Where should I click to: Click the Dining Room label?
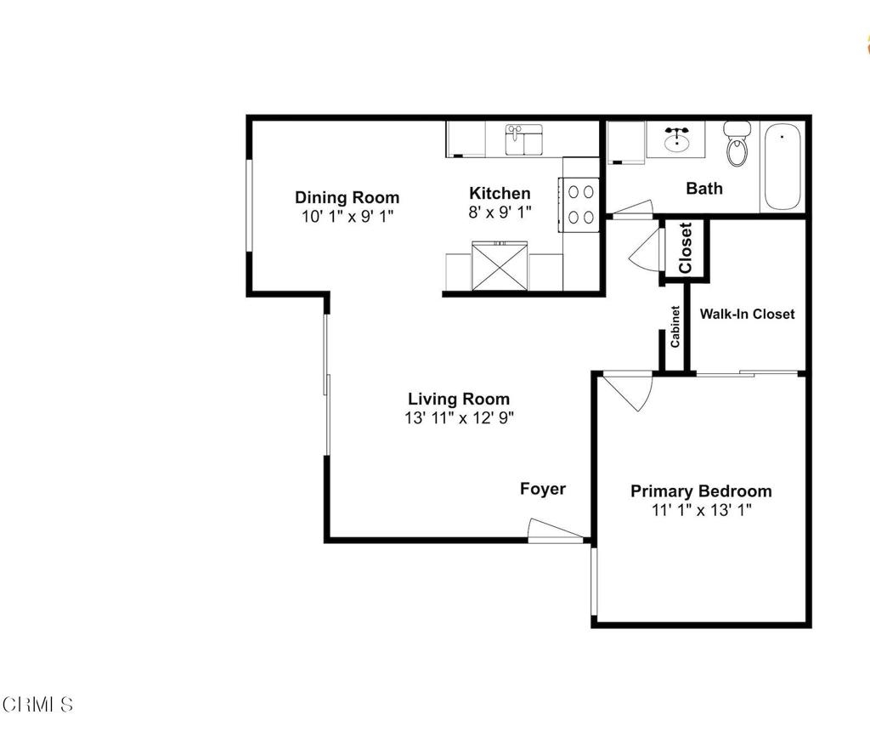347,197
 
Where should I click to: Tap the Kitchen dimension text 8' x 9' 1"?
500,212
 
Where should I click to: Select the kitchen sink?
523,139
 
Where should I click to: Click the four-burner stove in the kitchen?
579,204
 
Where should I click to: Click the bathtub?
782,167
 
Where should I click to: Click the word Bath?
704,189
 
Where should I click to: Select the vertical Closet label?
686,247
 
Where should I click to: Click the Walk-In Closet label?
747,315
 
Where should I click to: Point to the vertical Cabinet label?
675,326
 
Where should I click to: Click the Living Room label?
459,399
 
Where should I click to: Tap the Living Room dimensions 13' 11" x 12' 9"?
460,418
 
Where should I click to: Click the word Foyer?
543,489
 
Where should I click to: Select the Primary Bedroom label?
701,491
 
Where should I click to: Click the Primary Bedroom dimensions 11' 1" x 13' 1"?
701,510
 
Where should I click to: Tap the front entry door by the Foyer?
555,530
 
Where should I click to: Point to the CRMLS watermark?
37,705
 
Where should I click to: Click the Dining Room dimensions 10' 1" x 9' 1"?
347,217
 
